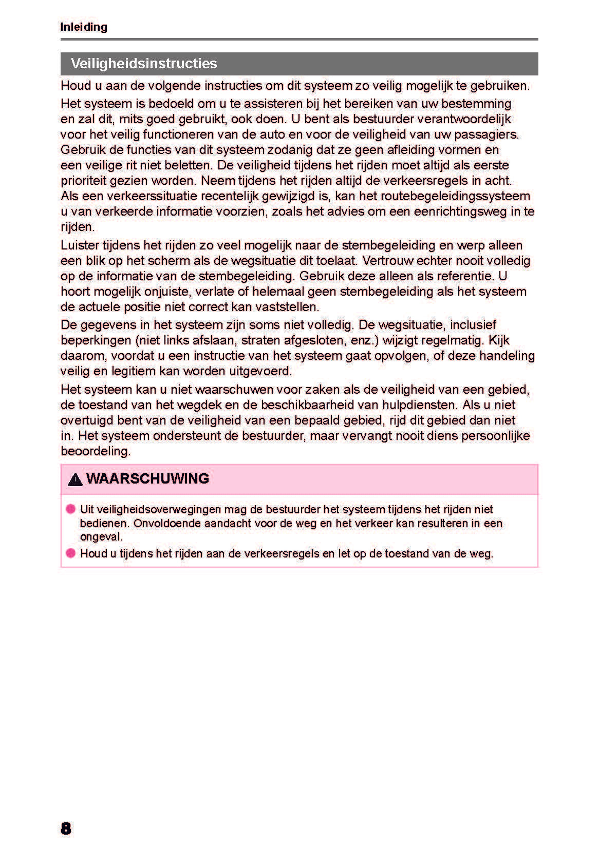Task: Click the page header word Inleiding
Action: [x=84, y=27]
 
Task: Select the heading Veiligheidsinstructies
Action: [x=144, y=64]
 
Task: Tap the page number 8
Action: [x=66, y=828]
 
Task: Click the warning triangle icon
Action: [x=75, y=480]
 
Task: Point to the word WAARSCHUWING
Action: [x=147, y=479]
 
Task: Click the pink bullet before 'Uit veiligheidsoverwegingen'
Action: [x=71, y=509]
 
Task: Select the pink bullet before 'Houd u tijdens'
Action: [x=71, y=553]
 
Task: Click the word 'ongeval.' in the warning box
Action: [x=101, y=537]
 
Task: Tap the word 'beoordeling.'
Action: [x=96, y=451]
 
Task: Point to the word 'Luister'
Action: [x=80, y=245]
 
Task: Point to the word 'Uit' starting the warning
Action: [x=87, y=510]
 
